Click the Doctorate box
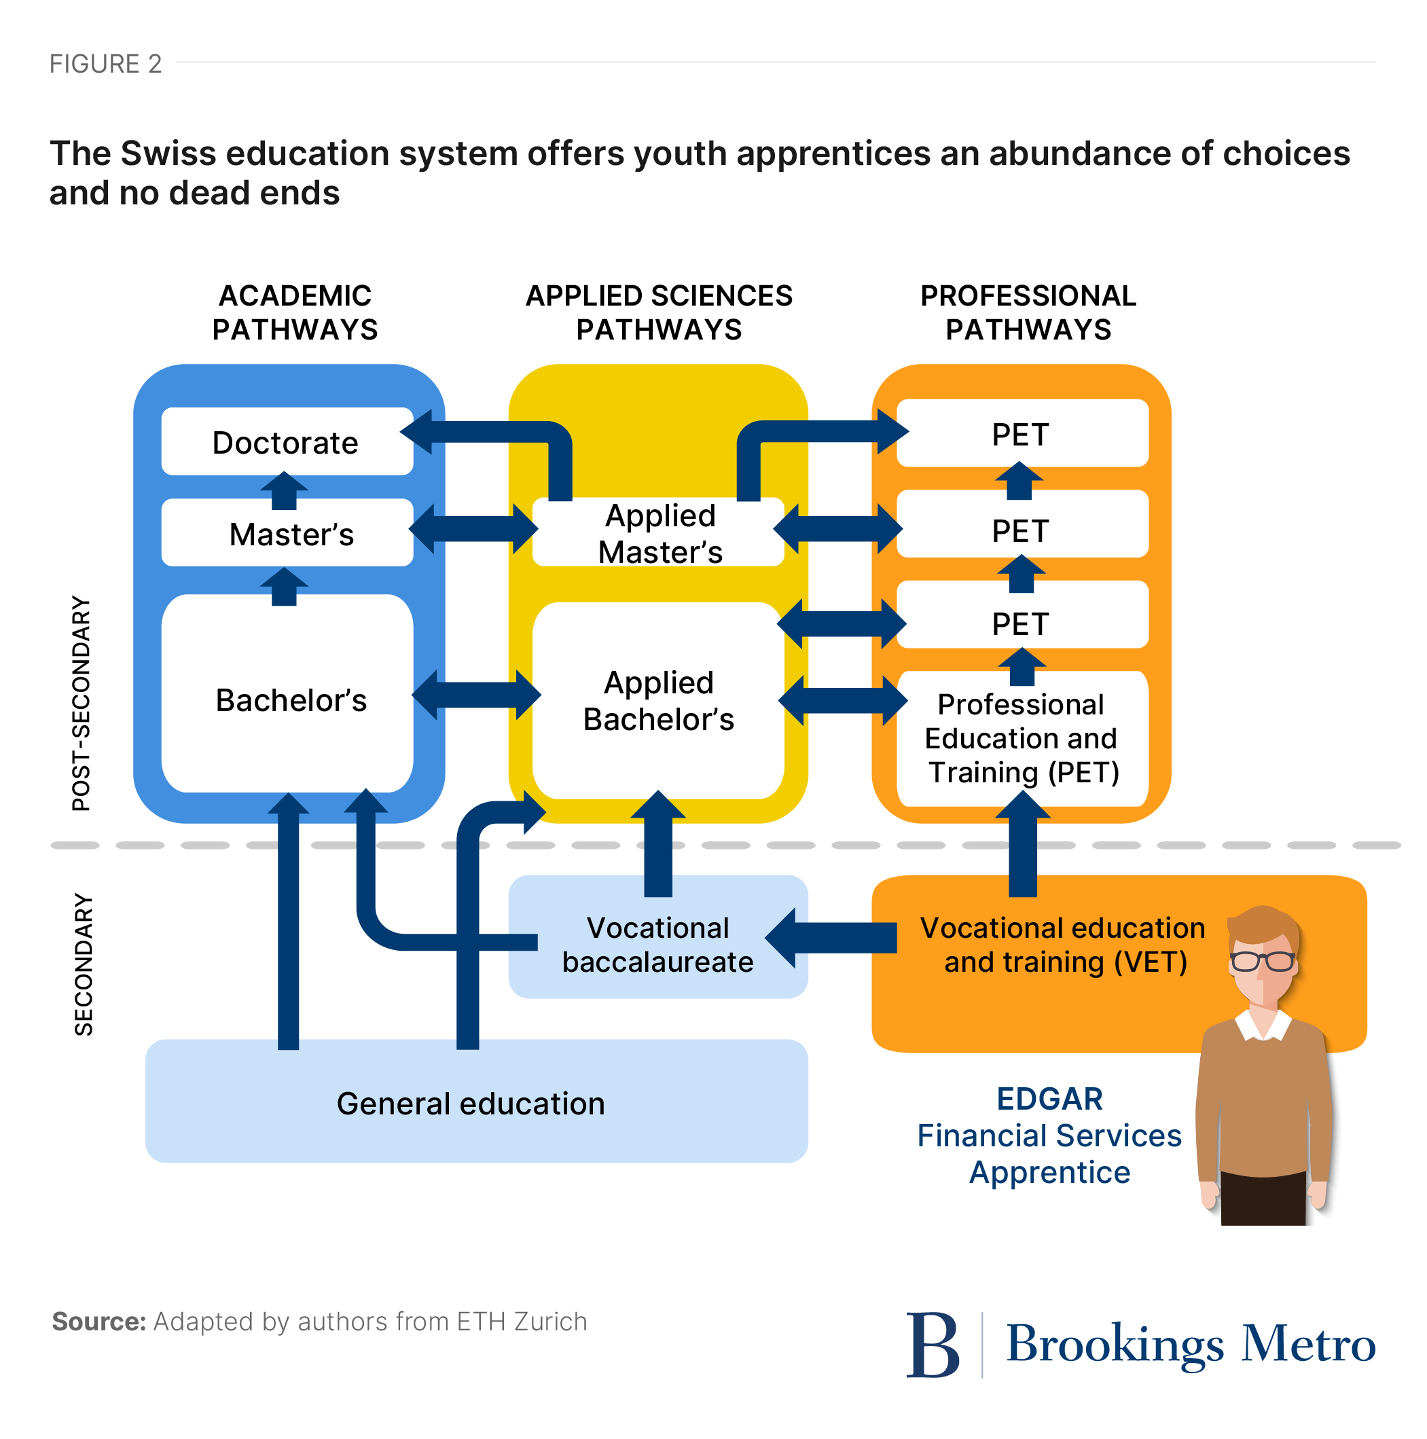[285, 442]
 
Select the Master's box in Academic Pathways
[291, 534]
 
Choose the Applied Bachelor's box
[657, 701]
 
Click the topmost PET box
[1020, 434]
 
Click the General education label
[471, 1104]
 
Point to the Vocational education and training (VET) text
[1063, 945]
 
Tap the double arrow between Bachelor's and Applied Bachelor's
[476, 695]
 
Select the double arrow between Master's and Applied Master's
[473, 529]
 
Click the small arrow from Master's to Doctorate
[284, 491]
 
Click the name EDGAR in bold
[1049, 1099]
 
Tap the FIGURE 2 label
[106, 64]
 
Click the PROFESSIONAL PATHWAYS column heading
[1028, 313]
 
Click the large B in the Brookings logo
[933, 1345]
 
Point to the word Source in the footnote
[99, 1322]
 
